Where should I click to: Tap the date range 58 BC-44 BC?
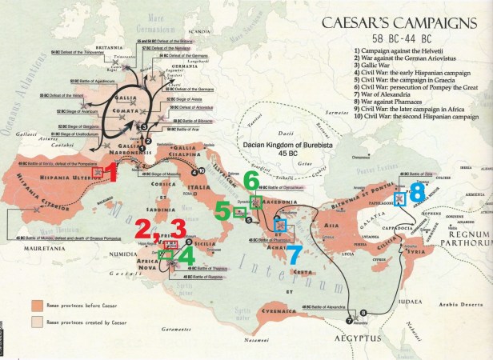click(403, 40)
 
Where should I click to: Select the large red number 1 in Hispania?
click(113, 172)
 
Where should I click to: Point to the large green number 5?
click(222, 210)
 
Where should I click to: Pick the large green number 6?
click(253, 180)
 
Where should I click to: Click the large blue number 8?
click(417, 192)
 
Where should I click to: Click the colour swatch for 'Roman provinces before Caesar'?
click(37, 306)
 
